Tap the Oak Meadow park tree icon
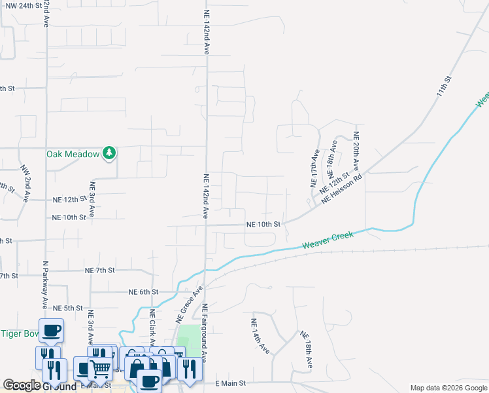click(x=110, y=154)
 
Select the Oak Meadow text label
click(x=72, y=155)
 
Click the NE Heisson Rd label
click(x=341, y=188)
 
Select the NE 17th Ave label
click(x=314, y=169)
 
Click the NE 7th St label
click(x=100, y=270)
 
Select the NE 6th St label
click(x=143, y=291)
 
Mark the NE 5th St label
click(x=68, y=308)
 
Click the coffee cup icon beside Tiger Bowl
click(x=51, y=329)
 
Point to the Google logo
click(x=22, y=385)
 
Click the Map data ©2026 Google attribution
click(x=448, y=388)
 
